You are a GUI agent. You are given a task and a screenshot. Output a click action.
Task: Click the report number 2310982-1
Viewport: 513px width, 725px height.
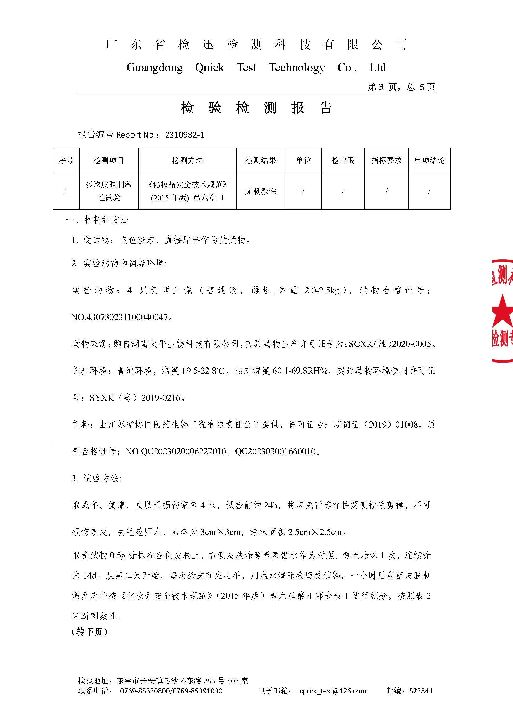[184, 135]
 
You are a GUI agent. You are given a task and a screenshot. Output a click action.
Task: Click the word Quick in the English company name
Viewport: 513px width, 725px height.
[209, 68]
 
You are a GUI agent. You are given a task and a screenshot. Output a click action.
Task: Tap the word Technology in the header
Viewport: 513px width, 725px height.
[297, 68]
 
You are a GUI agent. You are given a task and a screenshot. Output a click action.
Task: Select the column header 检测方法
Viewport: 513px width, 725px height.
[187, 160]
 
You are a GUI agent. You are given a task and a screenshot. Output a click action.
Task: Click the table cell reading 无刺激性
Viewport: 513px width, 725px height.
[261, 191]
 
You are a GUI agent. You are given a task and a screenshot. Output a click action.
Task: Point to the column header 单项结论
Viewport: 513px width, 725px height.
[429, 160]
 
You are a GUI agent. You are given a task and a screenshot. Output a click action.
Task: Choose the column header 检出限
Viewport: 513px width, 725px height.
[343, 160]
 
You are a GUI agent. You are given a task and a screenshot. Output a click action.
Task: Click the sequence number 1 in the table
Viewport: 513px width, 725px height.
[66, 191]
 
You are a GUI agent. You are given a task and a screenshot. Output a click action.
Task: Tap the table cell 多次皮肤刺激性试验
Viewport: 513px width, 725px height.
[109, 191]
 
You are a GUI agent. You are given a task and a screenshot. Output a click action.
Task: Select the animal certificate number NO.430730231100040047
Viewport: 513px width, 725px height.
[120, 317]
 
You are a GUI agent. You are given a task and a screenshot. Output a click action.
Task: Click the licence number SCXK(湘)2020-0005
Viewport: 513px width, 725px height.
[390, 344]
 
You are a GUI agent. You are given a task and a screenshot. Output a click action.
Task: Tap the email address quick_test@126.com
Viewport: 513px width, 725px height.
[333, 691]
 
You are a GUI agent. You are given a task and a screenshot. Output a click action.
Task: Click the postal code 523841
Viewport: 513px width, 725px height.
[421, 691]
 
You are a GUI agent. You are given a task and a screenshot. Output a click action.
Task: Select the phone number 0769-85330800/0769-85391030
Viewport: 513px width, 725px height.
[171, 691]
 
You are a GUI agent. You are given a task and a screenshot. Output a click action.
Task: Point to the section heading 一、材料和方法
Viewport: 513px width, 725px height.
[97, 220]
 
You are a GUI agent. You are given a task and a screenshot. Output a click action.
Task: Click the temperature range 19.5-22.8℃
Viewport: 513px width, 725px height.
[203, 371]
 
